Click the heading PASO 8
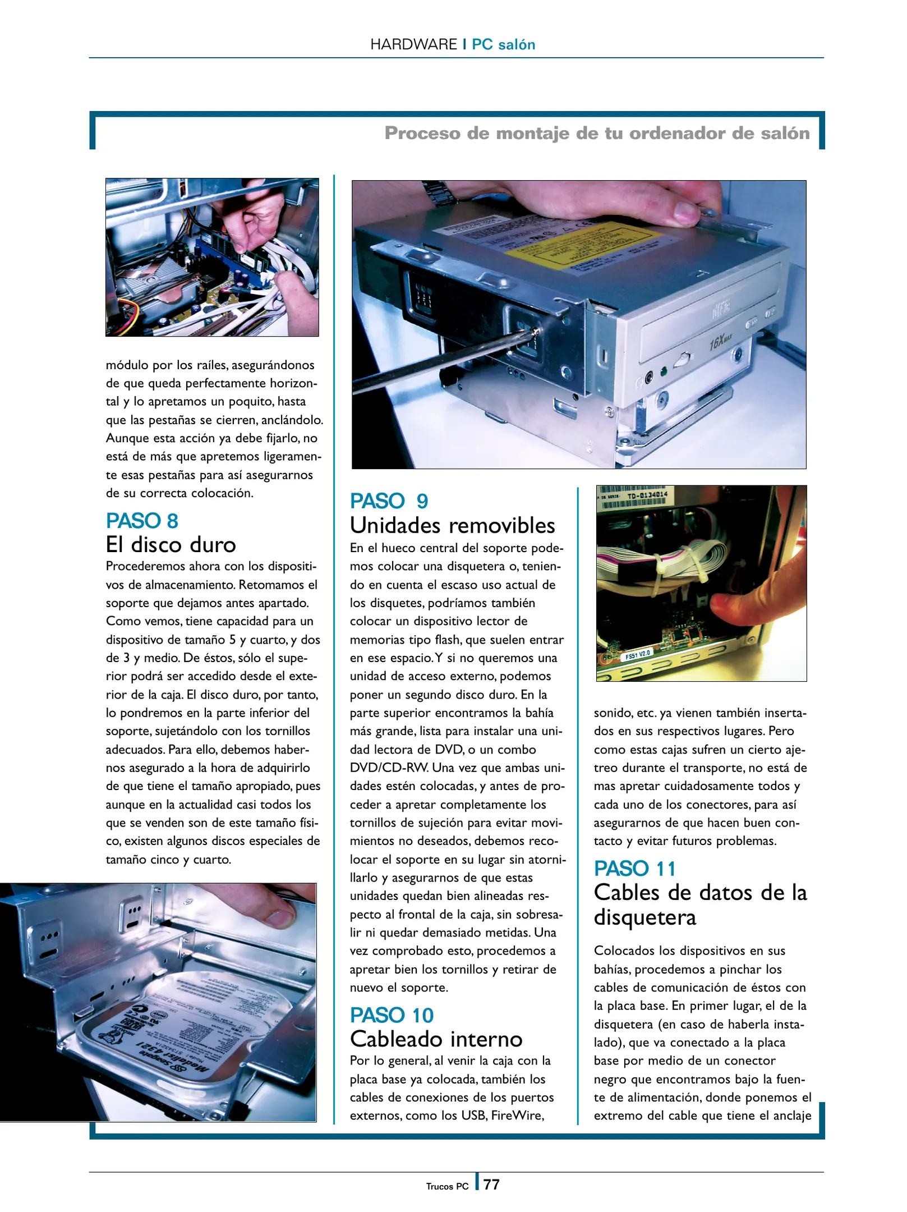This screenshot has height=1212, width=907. point(142,521)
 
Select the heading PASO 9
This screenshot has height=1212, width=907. point(389,501)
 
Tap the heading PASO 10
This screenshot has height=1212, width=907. point(392,1015)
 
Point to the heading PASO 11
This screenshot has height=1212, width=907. point(635,869)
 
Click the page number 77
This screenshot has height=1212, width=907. point(491,1185)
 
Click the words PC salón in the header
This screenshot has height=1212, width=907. point(503,44)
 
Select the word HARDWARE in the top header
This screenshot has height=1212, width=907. point(413,44)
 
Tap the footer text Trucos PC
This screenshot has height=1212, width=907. point(447,1186)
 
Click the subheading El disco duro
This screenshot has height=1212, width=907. point(171,545)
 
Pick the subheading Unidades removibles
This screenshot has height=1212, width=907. point(452,526)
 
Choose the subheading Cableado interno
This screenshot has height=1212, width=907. point(436,1039)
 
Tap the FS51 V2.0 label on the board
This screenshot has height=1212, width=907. point(637,654)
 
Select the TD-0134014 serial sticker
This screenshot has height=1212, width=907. point(647,495)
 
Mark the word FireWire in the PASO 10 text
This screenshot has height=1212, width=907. point(517,1115)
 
